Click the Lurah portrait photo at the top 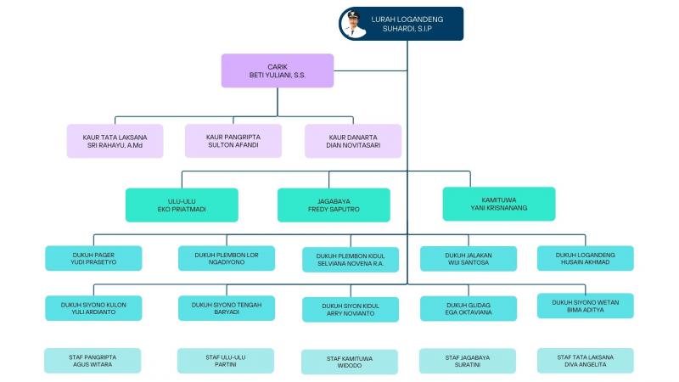[354, 23]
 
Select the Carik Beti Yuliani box [277, 70]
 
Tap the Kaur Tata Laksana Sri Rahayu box [115, 141]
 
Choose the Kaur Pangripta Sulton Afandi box [233, 141]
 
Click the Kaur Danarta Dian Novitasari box [353, 141]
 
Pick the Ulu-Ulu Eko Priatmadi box [182, 205]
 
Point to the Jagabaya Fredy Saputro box [334, 205]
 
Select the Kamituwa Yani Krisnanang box [498, 204]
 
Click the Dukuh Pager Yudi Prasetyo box [93, 258]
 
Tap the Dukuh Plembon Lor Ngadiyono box [226, 258]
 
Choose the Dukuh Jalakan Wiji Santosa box [468, 258]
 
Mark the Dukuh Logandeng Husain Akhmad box [585, 258]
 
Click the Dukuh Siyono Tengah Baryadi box [226, 308]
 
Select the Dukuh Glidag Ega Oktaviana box [468, 308]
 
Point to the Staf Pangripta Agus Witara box [93, 361]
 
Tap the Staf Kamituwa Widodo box [350, 362]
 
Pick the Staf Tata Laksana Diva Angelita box [585, 361]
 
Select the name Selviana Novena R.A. [350, 264]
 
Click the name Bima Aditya [585, 311]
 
